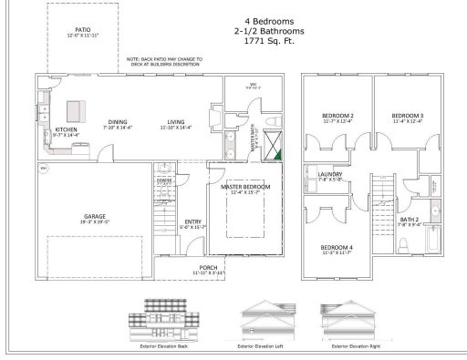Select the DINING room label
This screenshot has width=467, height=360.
tap(118, 121)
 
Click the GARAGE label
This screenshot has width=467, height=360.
tap(82, 216)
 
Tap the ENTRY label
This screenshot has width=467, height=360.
tap(192, 221)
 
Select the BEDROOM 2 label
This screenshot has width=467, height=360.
tap(337, 116)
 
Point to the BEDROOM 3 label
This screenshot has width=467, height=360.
tap(408, 116)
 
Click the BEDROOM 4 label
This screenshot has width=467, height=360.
tap(337, 248)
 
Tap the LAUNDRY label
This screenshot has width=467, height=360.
tap(330, 174)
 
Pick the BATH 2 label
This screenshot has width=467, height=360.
tap(409, 220)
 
